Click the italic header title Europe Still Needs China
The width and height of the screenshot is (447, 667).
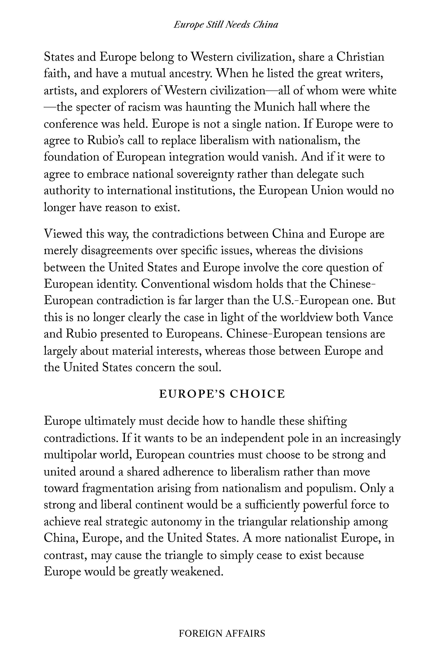[226, 25]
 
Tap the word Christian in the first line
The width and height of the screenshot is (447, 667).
[360, 57]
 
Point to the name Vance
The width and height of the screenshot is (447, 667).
[378, 317]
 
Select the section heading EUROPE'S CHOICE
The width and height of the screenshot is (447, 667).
[222, 394]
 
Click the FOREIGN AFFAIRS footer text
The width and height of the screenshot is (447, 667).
[222, 633]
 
